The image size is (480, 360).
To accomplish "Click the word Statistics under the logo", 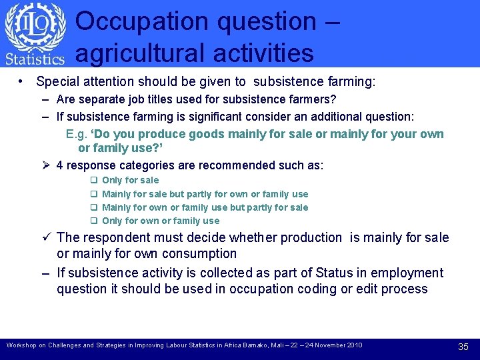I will [x=35, y=59].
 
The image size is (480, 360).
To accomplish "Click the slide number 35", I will [x=463, y=346].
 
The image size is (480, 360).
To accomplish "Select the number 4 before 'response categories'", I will [x=61, y=165].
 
